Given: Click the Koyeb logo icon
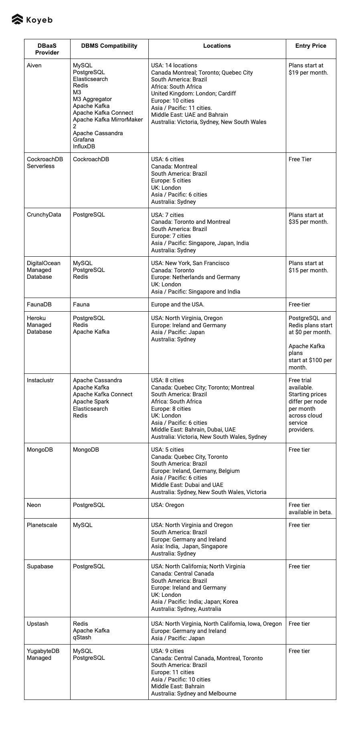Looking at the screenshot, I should pyautogui.click(x=17, y=19).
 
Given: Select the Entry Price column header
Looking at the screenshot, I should pyautogui.click(x=311, y=46).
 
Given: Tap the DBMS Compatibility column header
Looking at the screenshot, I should pyautogui.click(x=109, y=46).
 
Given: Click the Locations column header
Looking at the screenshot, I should pyautogui.click(x=217, y=46).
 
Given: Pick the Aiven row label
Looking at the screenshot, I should pyautogui.click(x=34, y=65).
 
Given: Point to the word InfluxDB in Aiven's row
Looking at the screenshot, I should pyautogui.click(x=84, y=146).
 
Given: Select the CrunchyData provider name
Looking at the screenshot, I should pyautogui.click(x=44, y=215).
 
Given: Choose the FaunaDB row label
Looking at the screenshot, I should pyautogui.click(x=39, y=304).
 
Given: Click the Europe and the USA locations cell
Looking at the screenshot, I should pyautogui.click(x=178, y=304).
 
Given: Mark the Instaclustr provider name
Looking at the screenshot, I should pyautogui.click(x=40, y=380).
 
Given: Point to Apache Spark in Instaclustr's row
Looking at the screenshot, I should pyautogui.click(x=91, y=401).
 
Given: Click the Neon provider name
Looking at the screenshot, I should pyautogui.click(x=34, y=505).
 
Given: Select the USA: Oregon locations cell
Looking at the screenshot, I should pyautogui.click(x=168, y=505).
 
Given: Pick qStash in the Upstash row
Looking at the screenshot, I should pyautogui.click(x=82, y=637).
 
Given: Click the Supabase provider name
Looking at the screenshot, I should pyautogui.click(x=40, y=566).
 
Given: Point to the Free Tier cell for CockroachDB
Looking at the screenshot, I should pyautogui.click(x=300, y=159).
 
